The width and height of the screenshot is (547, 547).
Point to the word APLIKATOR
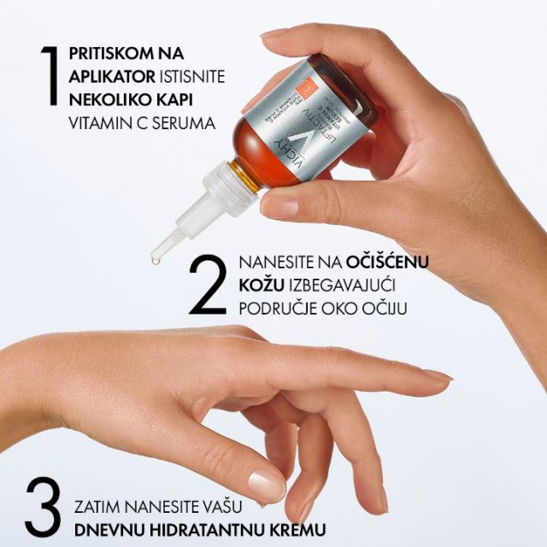pyautogui.click(x=109, y=77)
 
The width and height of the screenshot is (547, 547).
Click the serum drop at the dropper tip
pyautogui.click(x=156, y=256)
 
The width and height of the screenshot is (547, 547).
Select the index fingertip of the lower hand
pyautogui.click(x=441, y=375)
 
